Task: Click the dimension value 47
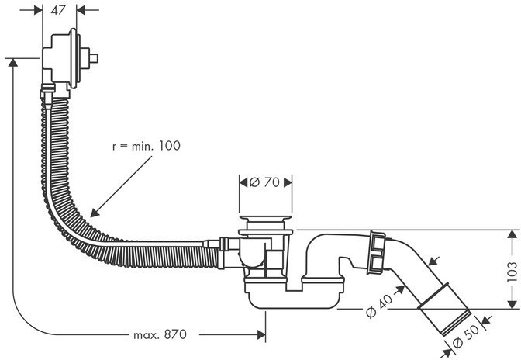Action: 59,10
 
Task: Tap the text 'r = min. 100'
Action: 145,146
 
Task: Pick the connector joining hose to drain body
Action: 224,247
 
